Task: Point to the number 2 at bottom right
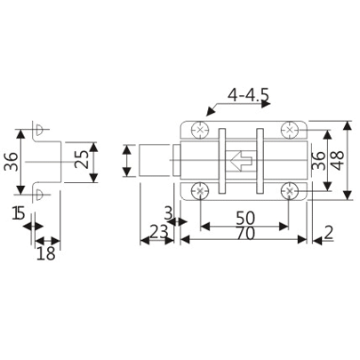pos(329,235)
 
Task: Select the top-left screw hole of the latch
pos(200,131)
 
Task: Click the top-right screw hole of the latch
pos(291,131)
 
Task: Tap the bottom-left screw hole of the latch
pos(200,190)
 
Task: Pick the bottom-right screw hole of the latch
pos(291,190)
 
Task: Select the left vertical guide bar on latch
pos(224,161)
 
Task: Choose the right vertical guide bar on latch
pos(260,161)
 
